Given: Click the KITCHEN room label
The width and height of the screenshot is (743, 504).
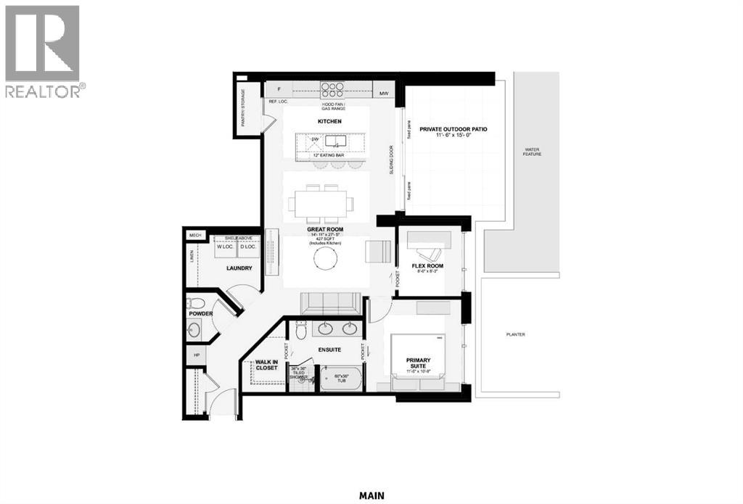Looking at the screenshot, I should click(x=329, y=121).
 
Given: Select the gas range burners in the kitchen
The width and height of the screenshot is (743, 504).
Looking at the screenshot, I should click(x=332, y=89).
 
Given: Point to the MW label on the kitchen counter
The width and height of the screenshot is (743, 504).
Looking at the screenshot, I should click(x=385, y=93).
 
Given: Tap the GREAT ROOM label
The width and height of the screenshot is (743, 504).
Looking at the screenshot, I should click(x=324, y=229).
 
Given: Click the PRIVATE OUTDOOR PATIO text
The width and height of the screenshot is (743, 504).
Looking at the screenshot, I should click(x=453, y=129).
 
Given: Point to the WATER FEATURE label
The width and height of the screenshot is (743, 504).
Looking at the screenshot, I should click(x=537, y=154).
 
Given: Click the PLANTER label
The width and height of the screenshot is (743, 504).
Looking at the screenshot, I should click(x=516, y=334).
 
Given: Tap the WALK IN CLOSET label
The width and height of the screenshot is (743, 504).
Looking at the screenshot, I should click(x=267, y=365).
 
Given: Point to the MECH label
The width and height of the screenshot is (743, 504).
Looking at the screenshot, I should click(x=194, y=235).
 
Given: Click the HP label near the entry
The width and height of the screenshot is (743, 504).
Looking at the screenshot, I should click(x=195, y=355).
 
